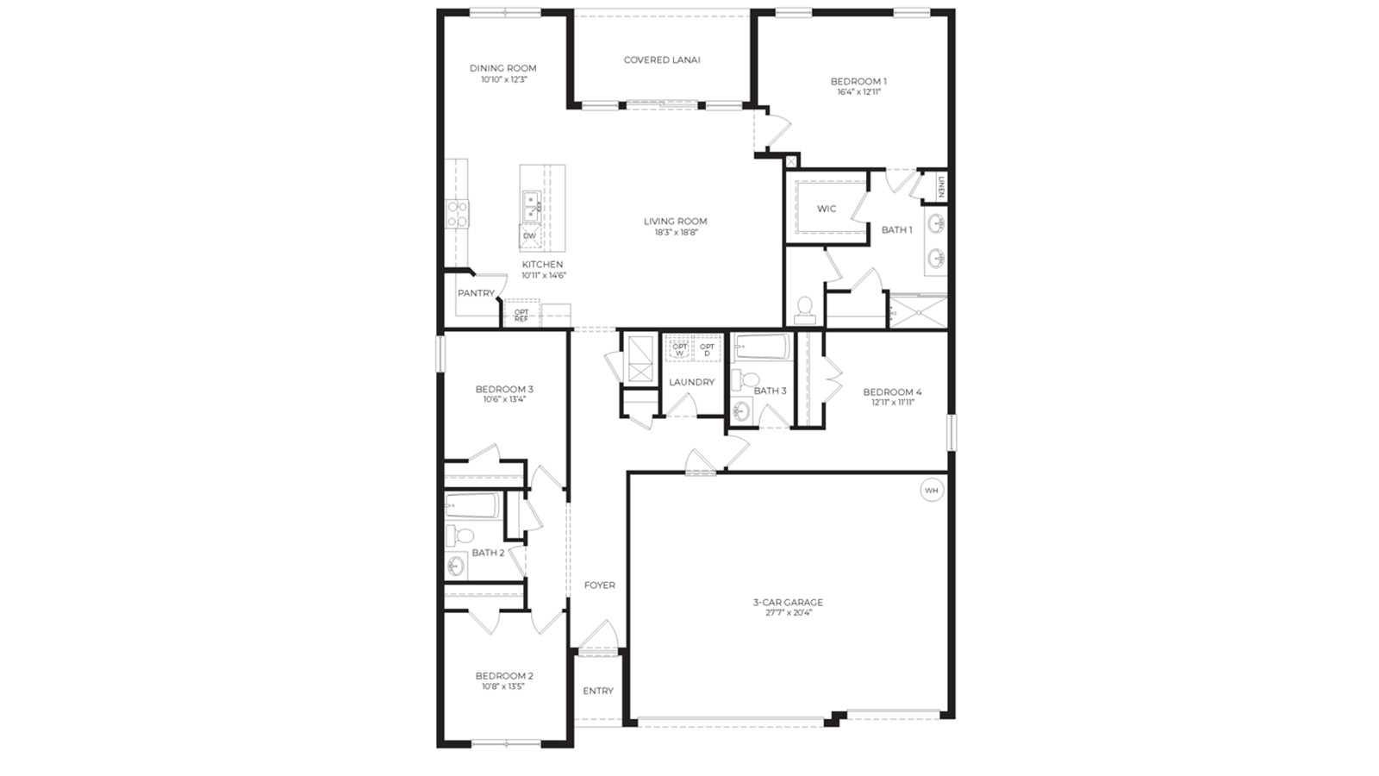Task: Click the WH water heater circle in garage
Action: pyautogui.click(x=931, y=491)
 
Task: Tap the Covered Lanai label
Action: pyautogui.click(x=662, y=60)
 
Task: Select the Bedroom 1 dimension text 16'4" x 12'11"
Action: pyautogui.click(x=858, y=92)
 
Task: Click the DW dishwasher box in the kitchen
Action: pyautogui.click(x=529, y=235)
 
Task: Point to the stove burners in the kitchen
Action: pyautogui.click(x=457, y=214)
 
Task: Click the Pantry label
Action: pyautogui.click(x=476, y=293)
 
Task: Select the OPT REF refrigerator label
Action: pyautogui.click(x=521, y=316)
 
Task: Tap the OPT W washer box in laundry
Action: pyautogui.click(x=679, y=349)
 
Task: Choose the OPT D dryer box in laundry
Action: pyautogui.click(x=707, y=349)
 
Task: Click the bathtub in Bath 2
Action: pyautogui.click(x=472, y=506)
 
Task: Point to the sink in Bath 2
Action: pyautogui.click(x=456, y=566)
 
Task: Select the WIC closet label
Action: pyautogui.click(x=827, y=209)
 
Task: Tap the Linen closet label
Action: pyautogui.click(x=941, y=186)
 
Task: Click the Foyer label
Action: pyautogui.click(x=600, y=585)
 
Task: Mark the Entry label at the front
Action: pyautogui.click(x=598, y=691)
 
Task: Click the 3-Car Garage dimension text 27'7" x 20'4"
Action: pyautogui.click(x=788, y=613)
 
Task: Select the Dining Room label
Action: pyautogui.click(x=503, y=68)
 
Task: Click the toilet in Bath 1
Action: pyautogui.click(x=805, y=308)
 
